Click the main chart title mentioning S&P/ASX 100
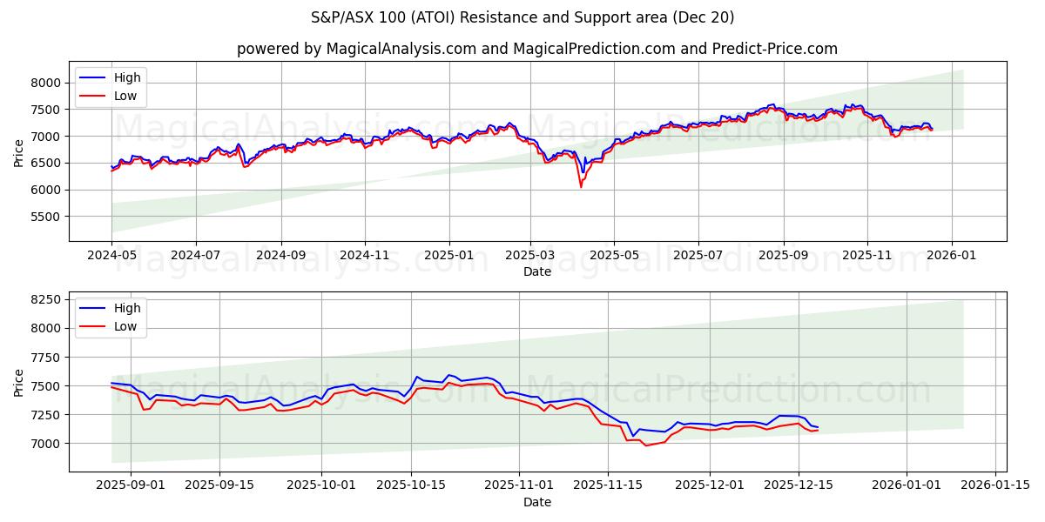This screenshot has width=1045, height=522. click(x=522, y=17)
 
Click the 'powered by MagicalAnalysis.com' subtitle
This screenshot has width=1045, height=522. click(x=537, y=49)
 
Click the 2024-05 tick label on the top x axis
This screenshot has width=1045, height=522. click(x=111, y=255)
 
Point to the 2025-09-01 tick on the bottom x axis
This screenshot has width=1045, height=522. click(x=131, y=485)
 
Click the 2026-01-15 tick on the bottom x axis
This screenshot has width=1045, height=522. click(x=995, y=485)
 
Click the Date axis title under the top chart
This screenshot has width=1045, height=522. click(x=537, y=271)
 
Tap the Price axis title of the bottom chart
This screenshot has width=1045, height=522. click(x=19, y=382)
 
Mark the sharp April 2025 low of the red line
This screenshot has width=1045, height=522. click(x=581, y=186)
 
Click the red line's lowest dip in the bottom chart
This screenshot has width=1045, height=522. click(x=646, y=445)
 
